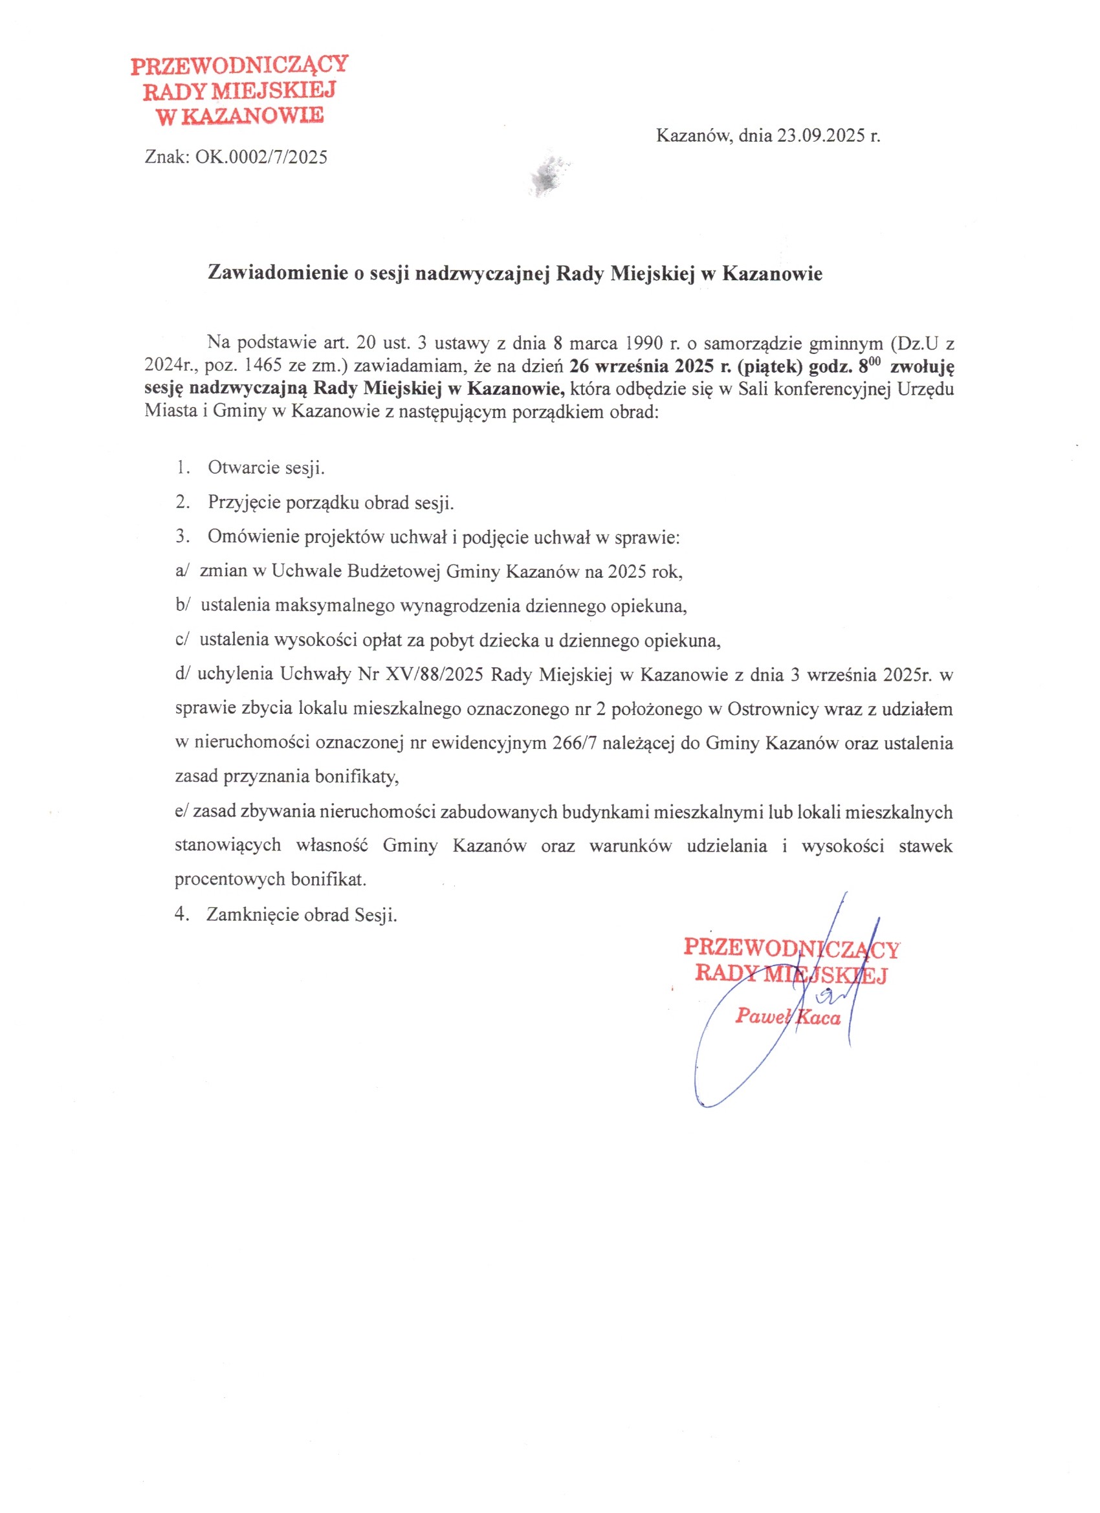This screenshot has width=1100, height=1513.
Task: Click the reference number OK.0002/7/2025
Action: point(261,157)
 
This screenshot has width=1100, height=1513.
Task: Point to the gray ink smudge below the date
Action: point(551,175)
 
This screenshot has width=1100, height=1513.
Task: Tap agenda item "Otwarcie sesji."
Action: point(266,468)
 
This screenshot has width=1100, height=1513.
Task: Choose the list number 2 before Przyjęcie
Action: point(181,502)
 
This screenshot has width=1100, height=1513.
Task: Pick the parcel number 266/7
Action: point(574,743)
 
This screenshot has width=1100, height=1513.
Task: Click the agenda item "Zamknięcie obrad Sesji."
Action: point(302,914)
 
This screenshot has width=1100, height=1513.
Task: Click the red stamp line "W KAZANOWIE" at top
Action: point(239,116)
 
